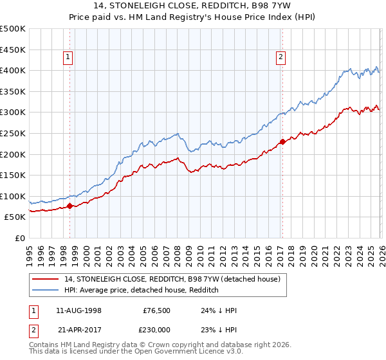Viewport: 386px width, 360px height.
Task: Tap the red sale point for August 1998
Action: click(x=70, y=206)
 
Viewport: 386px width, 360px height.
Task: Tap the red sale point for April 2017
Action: click(x=282, y=141)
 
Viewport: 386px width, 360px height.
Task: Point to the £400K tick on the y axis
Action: click(x=13, y=70)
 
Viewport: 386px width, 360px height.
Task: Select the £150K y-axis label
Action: click(x=13, y=175)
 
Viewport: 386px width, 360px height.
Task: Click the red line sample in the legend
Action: click(x=46, y=280)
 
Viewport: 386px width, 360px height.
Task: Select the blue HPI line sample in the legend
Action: click(x=46, y=291)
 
